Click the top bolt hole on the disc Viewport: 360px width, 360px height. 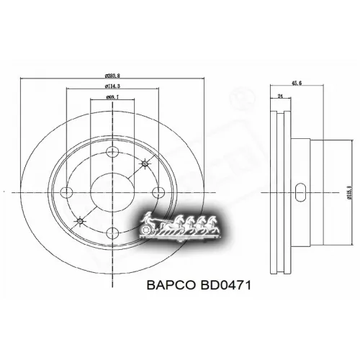click(112, 152)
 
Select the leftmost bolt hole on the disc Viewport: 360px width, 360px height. click(68, 192)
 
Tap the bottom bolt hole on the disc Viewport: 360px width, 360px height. click(112, 233)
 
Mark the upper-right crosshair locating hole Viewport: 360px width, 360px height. click(145, 164)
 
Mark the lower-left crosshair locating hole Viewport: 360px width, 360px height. click(79, 220)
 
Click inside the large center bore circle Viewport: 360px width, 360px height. click(112, 192)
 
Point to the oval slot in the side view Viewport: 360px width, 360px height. click(301, 192)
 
